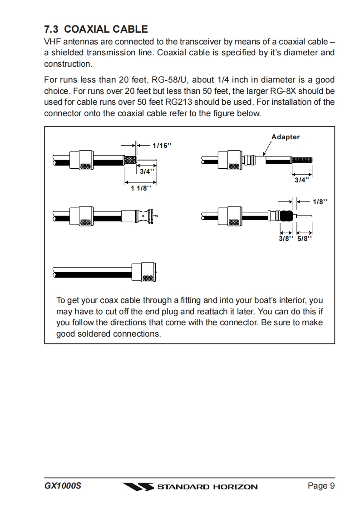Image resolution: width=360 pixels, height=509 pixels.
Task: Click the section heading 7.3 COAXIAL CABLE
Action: coord(96,29)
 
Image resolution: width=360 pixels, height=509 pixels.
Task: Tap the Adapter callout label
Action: coord(285,137)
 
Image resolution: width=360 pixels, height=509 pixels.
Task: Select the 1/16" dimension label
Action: coord(162,146)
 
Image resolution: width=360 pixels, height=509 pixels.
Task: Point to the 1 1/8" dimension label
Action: coord(141,188)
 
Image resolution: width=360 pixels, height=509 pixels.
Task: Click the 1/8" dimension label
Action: coord(320,202)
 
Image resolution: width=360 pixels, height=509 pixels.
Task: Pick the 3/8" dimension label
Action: coord(286,238)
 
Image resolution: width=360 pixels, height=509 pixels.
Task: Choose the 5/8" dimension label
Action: coord(305,238)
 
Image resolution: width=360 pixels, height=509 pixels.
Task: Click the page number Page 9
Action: coord(321,486)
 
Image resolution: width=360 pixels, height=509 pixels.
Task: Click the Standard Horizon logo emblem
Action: coord(138,487)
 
